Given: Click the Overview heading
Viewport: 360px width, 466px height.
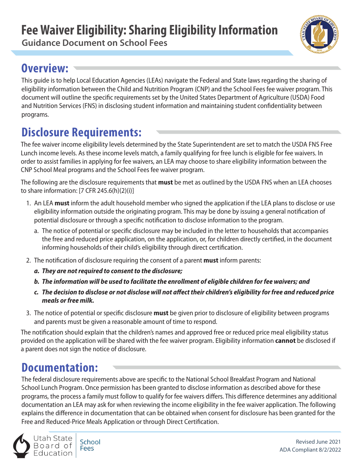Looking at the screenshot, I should point(45,68).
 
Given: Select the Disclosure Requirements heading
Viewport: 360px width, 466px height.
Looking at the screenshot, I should point(81,132).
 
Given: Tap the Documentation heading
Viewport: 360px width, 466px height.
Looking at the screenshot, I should point(60,367).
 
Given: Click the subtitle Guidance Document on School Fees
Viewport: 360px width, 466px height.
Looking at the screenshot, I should point(94,43).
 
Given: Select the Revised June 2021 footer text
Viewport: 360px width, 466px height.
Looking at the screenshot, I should point(318,442).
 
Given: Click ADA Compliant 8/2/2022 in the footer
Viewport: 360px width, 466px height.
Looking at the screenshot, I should point(310,450).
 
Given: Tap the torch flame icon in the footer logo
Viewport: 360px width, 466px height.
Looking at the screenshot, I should point(22,445).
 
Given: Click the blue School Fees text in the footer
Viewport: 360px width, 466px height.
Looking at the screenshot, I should point(90,445).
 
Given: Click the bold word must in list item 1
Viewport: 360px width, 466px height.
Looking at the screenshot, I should point(62,203).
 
